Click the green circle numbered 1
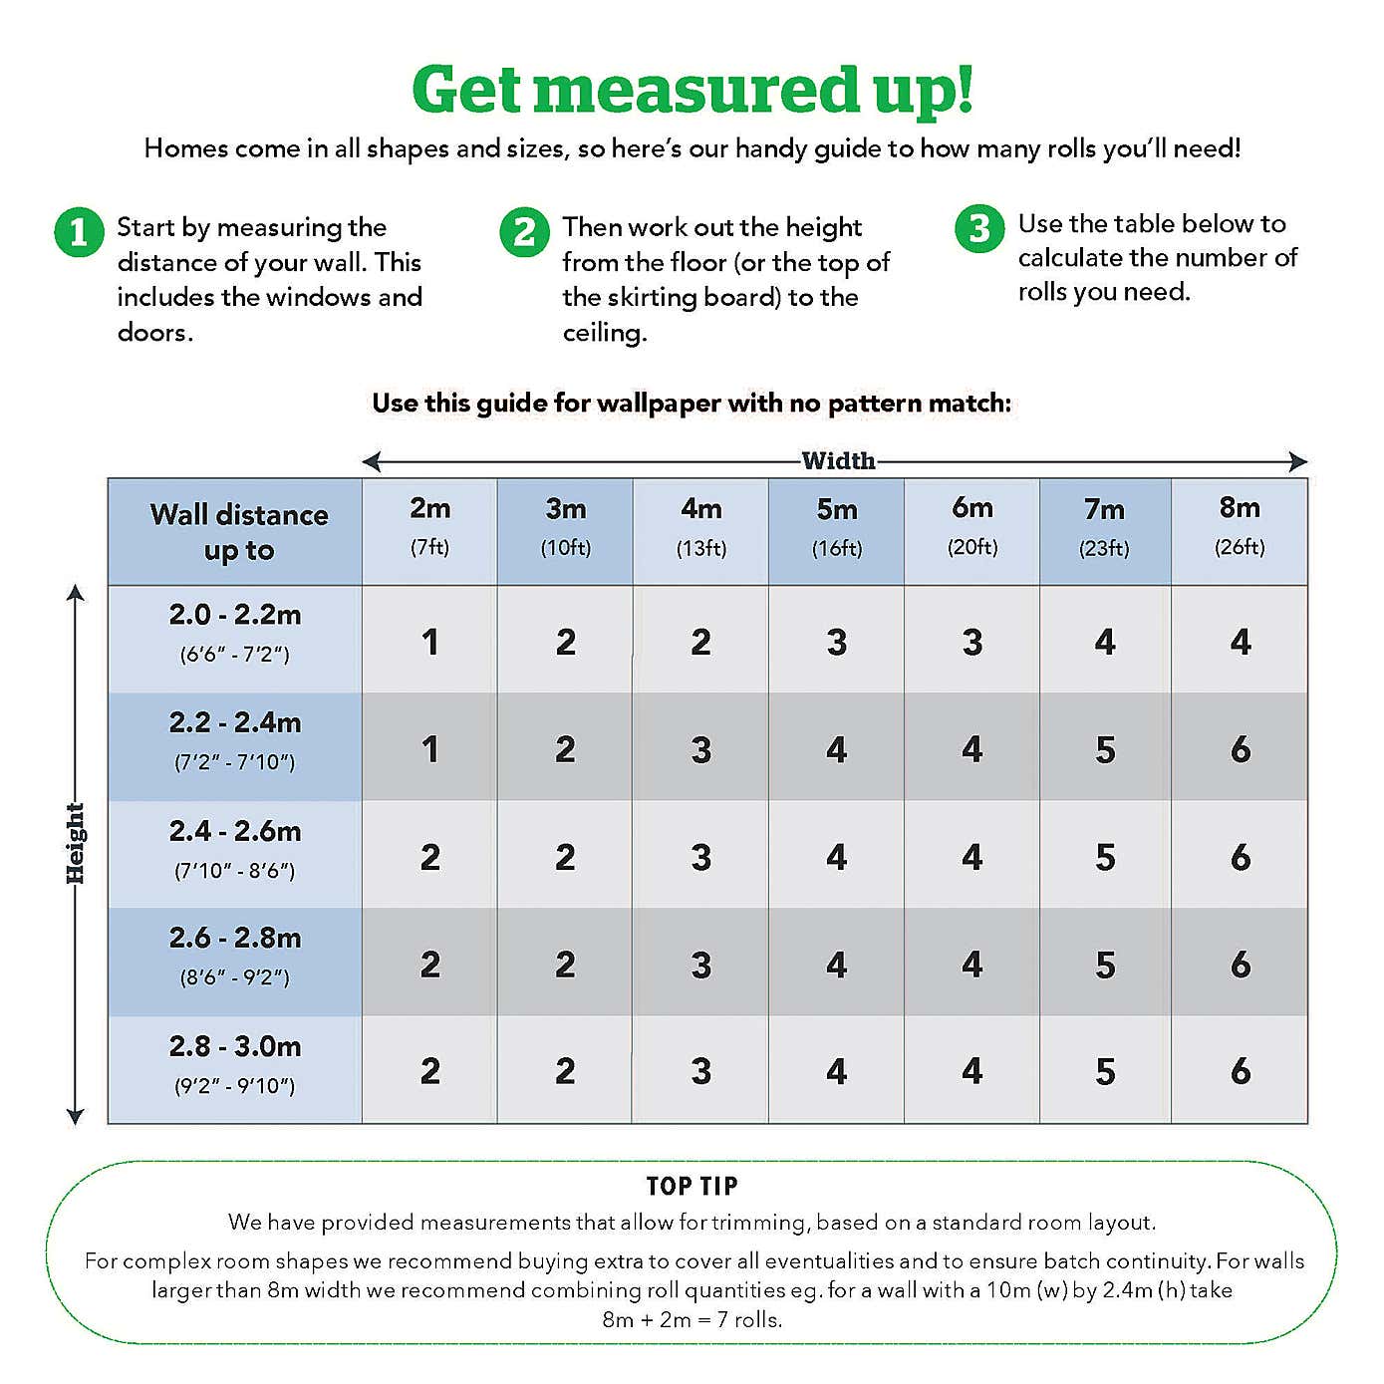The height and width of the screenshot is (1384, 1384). pos(79,232)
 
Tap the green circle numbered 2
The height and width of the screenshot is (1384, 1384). pos(524,232)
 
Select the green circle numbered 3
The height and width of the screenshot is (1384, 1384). pos(979,228)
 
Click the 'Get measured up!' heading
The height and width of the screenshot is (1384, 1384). pos(692,90)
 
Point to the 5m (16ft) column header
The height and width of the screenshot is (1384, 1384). pos(837,526)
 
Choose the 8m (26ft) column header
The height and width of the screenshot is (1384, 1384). pos(1240,526)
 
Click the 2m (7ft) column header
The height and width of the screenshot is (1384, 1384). pos(430,526)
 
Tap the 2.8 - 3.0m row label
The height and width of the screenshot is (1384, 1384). pos(235,1064)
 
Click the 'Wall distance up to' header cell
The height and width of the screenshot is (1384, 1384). pos(239,532)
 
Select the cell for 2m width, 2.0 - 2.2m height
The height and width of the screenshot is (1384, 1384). pos(430,642)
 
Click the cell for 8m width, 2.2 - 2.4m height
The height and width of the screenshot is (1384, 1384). pos(1240,749)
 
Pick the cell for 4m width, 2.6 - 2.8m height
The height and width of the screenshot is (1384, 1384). pos(701,965)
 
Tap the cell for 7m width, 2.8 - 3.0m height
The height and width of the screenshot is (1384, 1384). pos(1105,1071)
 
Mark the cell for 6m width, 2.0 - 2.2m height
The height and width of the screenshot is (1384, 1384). pos(972,642)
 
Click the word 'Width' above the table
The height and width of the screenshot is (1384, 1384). pos(838,460)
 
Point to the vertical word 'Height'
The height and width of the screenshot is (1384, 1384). pos(76,843)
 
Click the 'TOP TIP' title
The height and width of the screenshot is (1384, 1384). pos(692,1186)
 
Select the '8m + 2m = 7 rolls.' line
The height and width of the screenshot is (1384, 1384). pos(692,1319)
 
